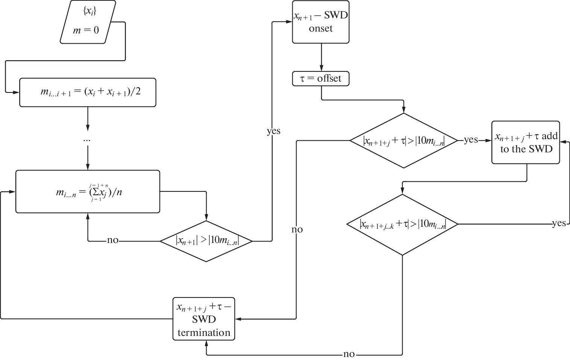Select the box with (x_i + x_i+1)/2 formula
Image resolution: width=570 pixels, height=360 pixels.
[x=88, y=93]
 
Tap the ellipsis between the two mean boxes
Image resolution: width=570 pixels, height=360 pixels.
[x=87, y=140]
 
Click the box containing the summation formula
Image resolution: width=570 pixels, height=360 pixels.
[x=88, y=192]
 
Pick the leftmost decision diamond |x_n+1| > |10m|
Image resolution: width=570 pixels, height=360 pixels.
[x=206, y=241]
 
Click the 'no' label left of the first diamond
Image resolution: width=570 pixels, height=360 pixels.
[x=112, y=240]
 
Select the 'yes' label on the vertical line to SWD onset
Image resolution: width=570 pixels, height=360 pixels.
[x=274, y=131]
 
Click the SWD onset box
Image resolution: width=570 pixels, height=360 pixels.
[x=321, y=22]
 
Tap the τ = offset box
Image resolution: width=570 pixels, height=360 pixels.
[x=321, y=79]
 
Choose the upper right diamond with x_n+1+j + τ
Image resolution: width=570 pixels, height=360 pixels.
[x=404, y=141]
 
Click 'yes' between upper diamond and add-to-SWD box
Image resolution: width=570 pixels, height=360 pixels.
[x=471, y=140]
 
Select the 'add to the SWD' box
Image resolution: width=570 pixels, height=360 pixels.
[x=526, y=142]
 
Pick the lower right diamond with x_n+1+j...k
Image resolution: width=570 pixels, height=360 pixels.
[x=402, y=225]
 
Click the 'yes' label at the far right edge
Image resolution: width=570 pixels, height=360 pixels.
[x=559, y=223]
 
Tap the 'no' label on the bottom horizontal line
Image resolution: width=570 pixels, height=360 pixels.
[x=349, y=354]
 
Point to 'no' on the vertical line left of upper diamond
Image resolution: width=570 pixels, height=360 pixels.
[x=297, y=229]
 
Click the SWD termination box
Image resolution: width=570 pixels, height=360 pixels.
[x=204, y=319]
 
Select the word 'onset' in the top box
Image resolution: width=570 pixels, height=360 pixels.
[x=321, y=29]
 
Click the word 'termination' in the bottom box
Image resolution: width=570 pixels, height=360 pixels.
[x=204, y=333]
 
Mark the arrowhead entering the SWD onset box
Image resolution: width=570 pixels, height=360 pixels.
[x=290, y=22]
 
